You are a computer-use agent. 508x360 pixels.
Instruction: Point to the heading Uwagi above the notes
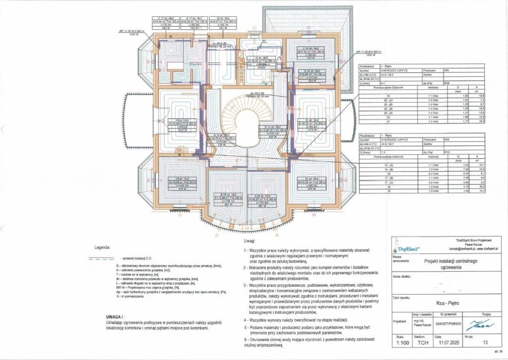pyautogui.click(x=251, y=241)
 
